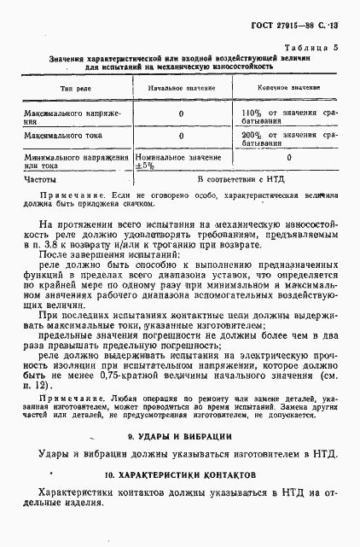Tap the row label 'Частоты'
(40, 180)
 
